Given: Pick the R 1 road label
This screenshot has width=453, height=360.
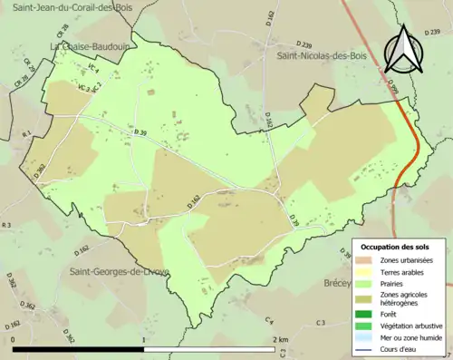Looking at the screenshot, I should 26,134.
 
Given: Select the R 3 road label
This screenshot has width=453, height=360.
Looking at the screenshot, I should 7,224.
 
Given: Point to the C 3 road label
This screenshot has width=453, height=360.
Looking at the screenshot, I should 321,323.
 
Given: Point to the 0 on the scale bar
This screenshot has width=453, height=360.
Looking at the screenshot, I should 14,339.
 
